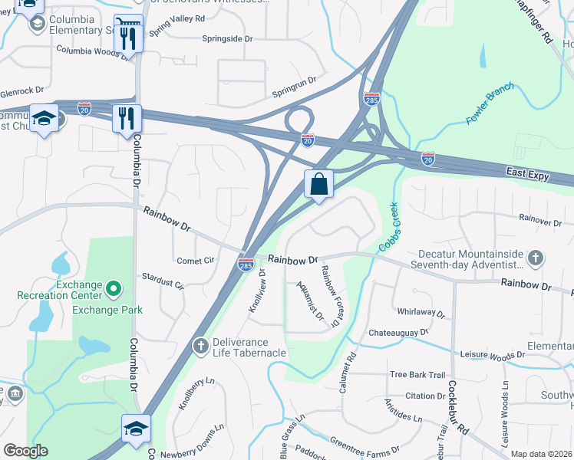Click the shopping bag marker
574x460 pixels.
click(318, 185)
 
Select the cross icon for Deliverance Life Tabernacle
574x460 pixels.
click(201, 347)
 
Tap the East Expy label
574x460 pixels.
click(528, 176)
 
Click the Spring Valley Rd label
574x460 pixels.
click(178, 18)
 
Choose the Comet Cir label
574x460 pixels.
click(195, 261)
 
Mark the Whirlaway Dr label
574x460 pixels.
click(421, 312)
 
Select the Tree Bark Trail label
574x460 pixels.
click(417, 375)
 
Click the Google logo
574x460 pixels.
click(25, 451)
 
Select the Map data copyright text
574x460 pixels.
click(540, 454)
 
